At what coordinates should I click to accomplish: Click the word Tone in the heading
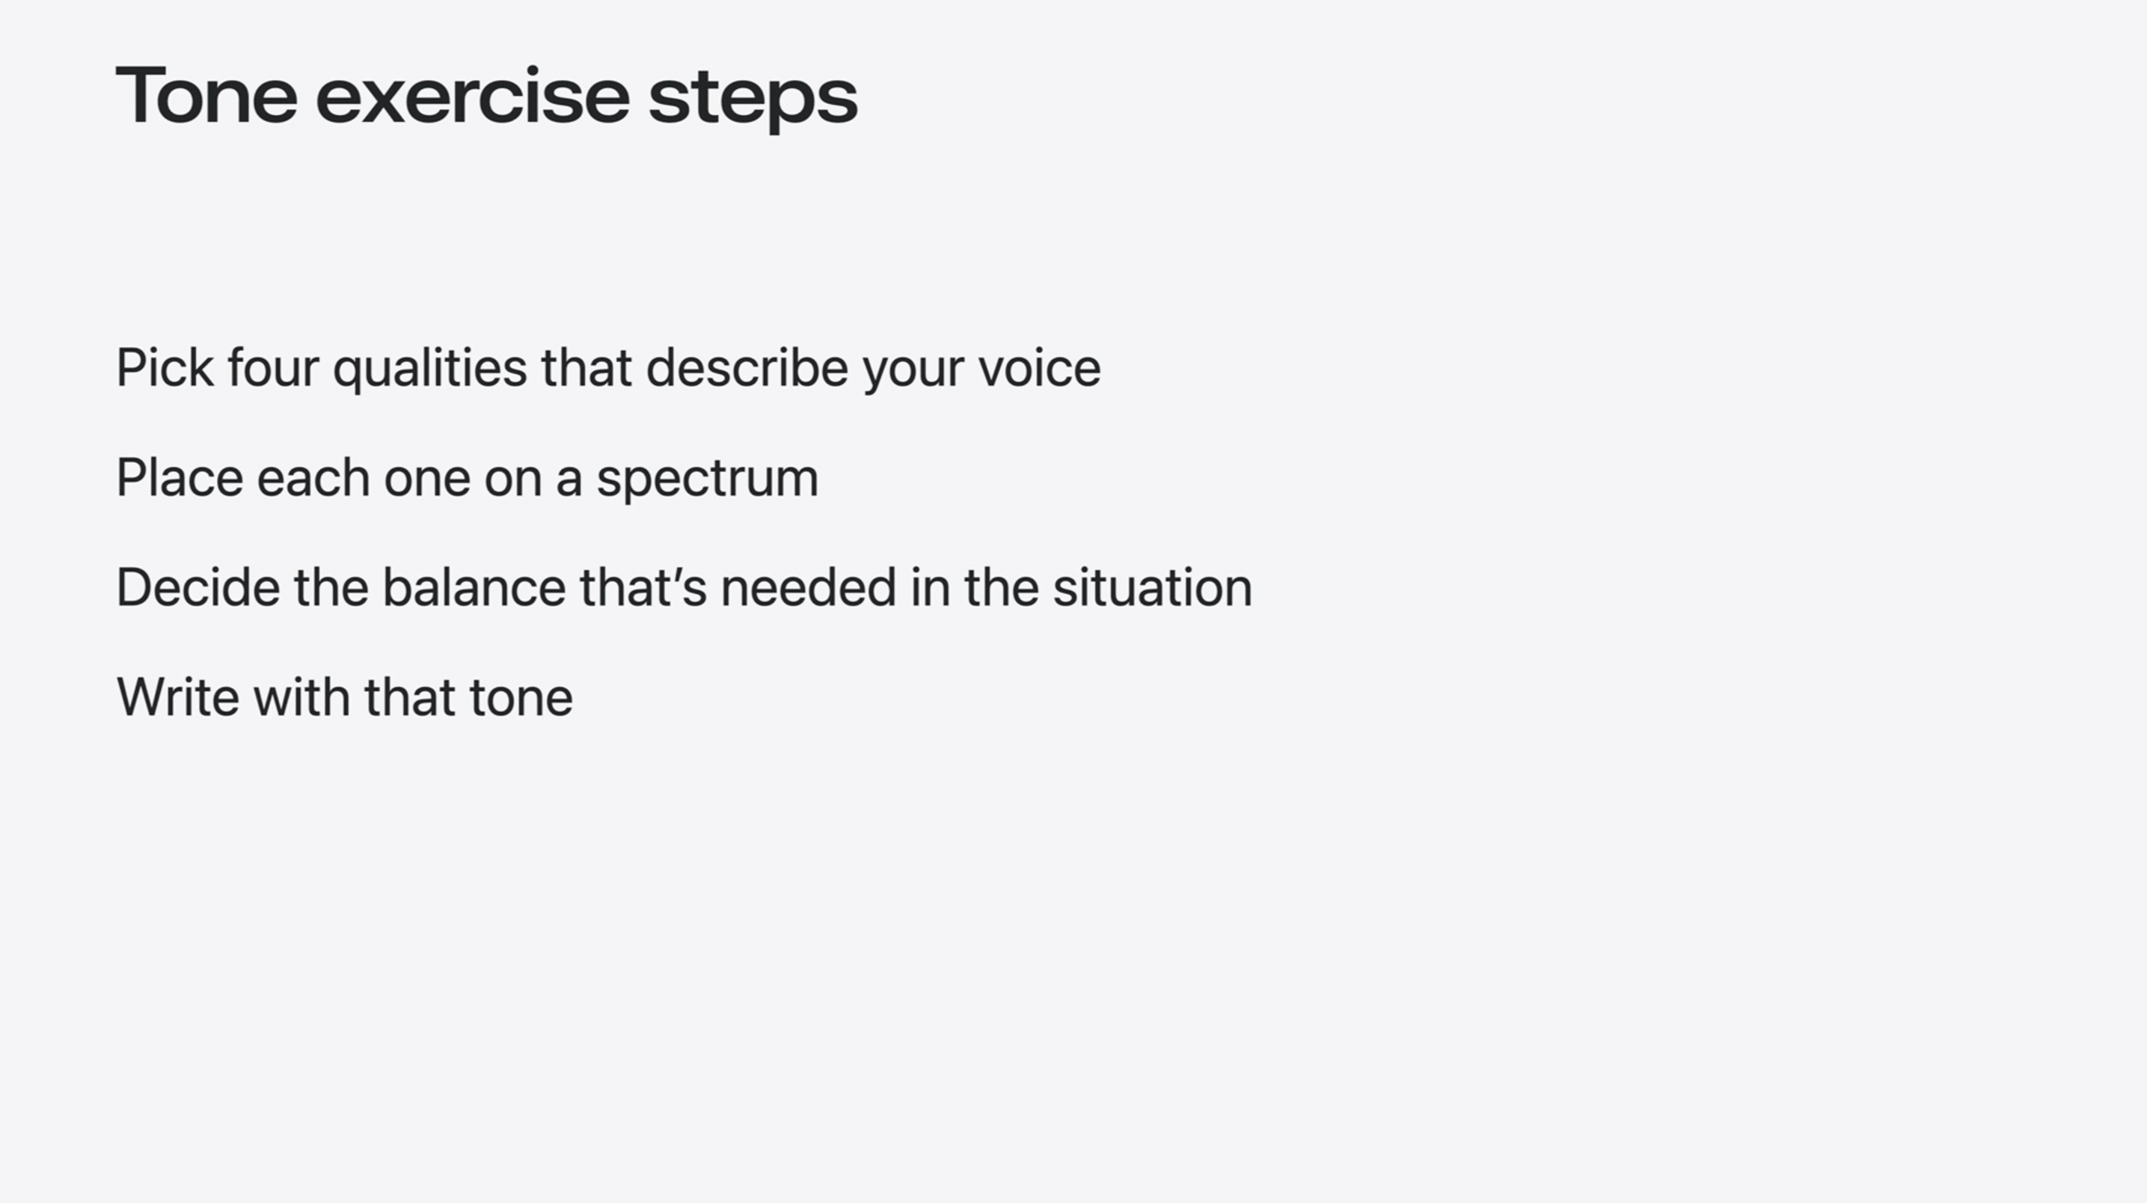206,96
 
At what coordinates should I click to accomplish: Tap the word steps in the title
753,102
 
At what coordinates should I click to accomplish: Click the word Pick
164,367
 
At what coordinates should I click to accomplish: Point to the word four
272,367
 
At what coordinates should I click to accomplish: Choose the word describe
747,367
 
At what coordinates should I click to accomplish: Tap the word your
913,373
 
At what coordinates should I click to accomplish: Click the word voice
1039,367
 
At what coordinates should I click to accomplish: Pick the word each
313,478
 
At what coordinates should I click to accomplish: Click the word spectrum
708,482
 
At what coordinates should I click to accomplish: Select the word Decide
198,587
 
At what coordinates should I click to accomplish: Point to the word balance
474,587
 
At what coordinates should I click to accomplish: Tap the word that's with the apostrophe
643,587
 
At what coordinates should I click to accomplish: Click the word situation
1153,587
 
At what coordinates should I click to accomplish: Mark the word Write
177,697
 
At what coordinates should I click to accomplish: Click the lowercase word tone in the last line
521,699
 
